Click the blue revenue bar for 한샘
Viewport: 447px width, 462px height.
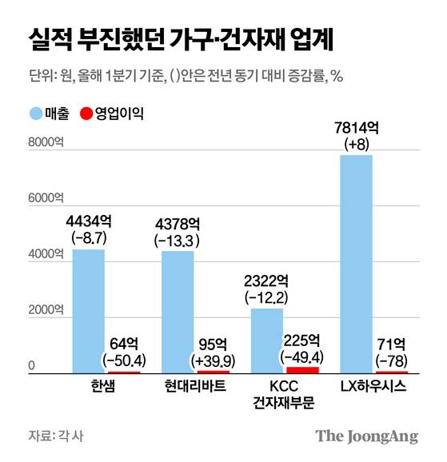coord(88,311)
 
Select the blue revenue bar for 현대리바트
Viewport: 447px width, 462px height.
coord(178,312)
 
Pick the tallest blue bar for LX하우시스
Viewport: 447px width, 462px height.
coord(356,264)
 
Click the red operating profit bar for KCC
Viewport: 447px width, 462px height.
coord(301,368)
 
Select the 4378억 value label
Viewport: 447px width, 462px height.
coord(178,224)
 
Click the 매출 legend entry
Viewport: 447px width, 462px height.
coord(47,114)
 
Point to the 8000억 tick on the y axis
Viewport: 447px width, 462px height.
coord(43,144)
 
